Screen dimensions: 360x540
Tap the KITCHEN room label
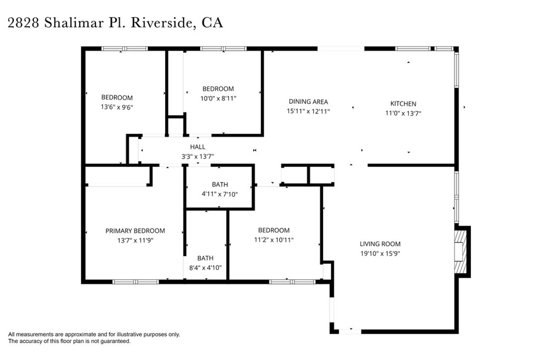point(403,104)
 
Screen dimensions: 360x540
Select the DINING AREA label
point(308,102)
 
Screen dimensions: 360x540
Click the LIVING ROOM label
point(380,244)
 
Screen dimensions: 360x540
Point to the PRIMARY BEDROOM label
point(135,231)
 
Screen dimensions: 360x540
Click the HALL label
point(198,147)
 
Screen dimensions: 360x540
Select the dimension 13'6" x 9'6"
point(117,107)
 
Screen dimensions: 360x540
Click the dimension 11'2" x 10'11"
point(274,240)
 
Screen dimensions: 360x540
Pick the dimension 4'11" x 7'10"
point(220,194)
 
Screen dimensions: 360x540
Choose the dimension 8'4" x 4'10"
point(205,267)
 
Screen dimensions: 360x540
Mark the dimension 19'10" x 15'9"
point(380,254)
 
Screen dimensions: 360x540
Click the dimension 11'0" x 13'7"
point(403,113)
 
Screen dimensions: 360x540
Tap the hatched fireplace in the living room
point(461,251)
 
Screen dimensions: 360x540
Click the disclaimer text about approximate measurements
point(94,334)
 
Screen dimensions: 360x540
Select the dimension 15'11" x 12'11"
point(308,111)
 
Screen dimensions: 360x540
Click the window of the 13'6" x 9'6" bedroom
point(124,49)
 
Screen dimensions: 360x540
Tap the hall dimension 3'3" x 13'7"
point(198,156)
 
